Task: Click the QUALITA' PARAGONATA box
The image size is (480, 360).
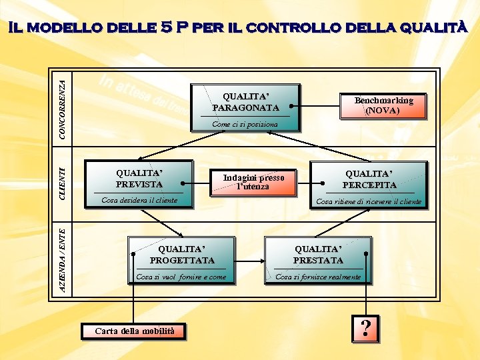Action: [245, 101]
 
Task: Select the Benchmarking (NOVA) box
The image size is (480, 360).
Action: [383, 105]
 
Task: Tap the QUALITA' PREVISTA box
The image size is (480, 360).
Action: [139, 179]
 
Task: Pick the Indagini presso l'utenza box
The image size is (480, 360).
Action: [253, 182]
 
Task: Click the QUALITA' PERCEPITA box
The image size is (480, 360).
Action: [369, 179]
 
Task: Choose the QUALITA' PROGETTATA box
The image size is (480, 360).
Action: [182, 254]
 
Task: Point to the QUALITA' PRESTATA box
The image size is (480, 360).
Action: [318, 254]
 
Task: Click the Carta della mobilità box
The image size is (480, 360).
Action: [134, 331]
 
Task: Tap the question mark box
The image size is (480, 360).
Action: [365, 328]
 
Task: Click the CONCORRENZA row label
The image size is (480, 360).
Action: [62, 109]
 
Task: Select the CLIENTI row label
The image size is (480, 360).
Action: [62, 183]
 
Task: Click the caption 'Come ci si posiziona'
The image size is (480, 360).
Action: [245, 124]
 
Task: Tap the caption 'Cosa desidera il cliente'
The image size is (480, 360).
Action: [139, 200]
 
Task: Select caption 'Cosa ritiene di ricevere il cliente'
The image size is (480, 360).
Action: [369, 201]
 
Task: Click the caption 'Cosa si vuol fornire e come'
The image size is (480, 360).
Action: [181, 277]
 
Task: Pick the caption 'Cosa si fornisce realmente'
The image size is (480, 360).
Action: [318, 277]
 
